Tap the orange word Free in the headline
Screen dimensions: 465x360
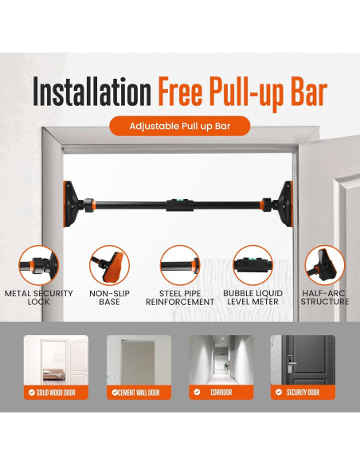coord(186,92)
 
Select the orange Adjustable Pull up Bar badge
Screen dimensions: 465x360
coord(180,126)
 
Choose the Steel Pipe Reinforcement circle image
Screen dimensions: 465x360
coord(180,265)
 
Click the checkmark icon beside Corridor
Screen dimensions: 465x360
coord(196,393)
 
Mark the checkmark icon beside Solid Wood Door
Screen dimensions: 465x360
coord(30,393)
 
